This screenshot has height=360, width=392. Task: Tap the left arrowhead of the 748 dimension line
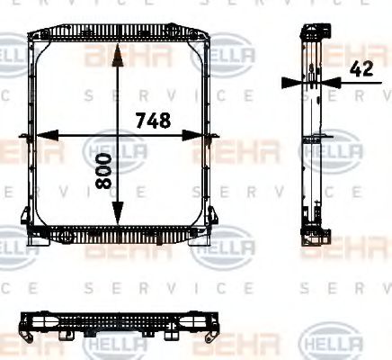40,136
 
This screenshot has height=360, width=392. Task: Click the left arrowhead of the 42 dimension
290,81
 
